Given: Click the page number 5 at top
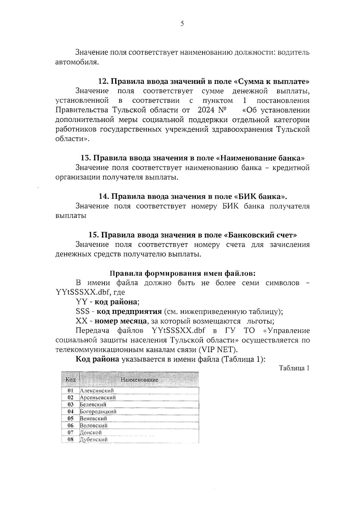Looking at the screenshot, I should pyautogui.click(x=182, y=24).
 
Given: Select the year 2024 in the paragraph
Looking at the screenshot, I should pyautogui.click(x=207, y=110).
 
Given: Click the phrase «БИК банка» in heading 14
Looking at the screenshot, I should pyautogui.click(x=259, y=197).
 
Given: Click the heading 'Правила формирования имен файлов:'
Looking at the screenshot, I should pyautogui.click(x=183, y=273).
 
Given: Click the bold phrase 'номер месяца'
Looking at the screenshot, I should pyautogui.click(x=121, y=321).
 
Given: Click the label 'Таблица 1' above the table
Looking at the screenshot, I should pyautogui.click(x=294, y=368).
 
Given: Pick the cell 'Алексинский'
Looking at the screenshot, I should pyautogui.click(x=97, y=391).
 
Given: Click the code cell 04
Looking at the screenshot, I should pyautogui.click(x=70, y=412).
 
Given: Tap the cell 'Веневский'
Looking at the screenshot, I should pyautogui.click(x=93, y=418).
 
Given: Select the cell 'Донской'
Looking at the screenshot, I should pyautogui.click(x=91, y=433).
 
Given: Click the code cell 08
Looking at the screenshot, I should pyautogui.click(x=70, y=439).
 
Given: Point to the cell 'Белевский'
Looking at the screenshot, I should pyautogui.click(x=93, y=405).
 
